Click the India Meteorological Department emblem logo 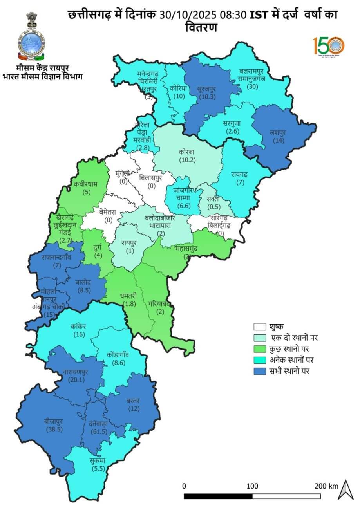click(31, 35)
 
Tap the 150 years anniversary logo click(328, 46)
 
